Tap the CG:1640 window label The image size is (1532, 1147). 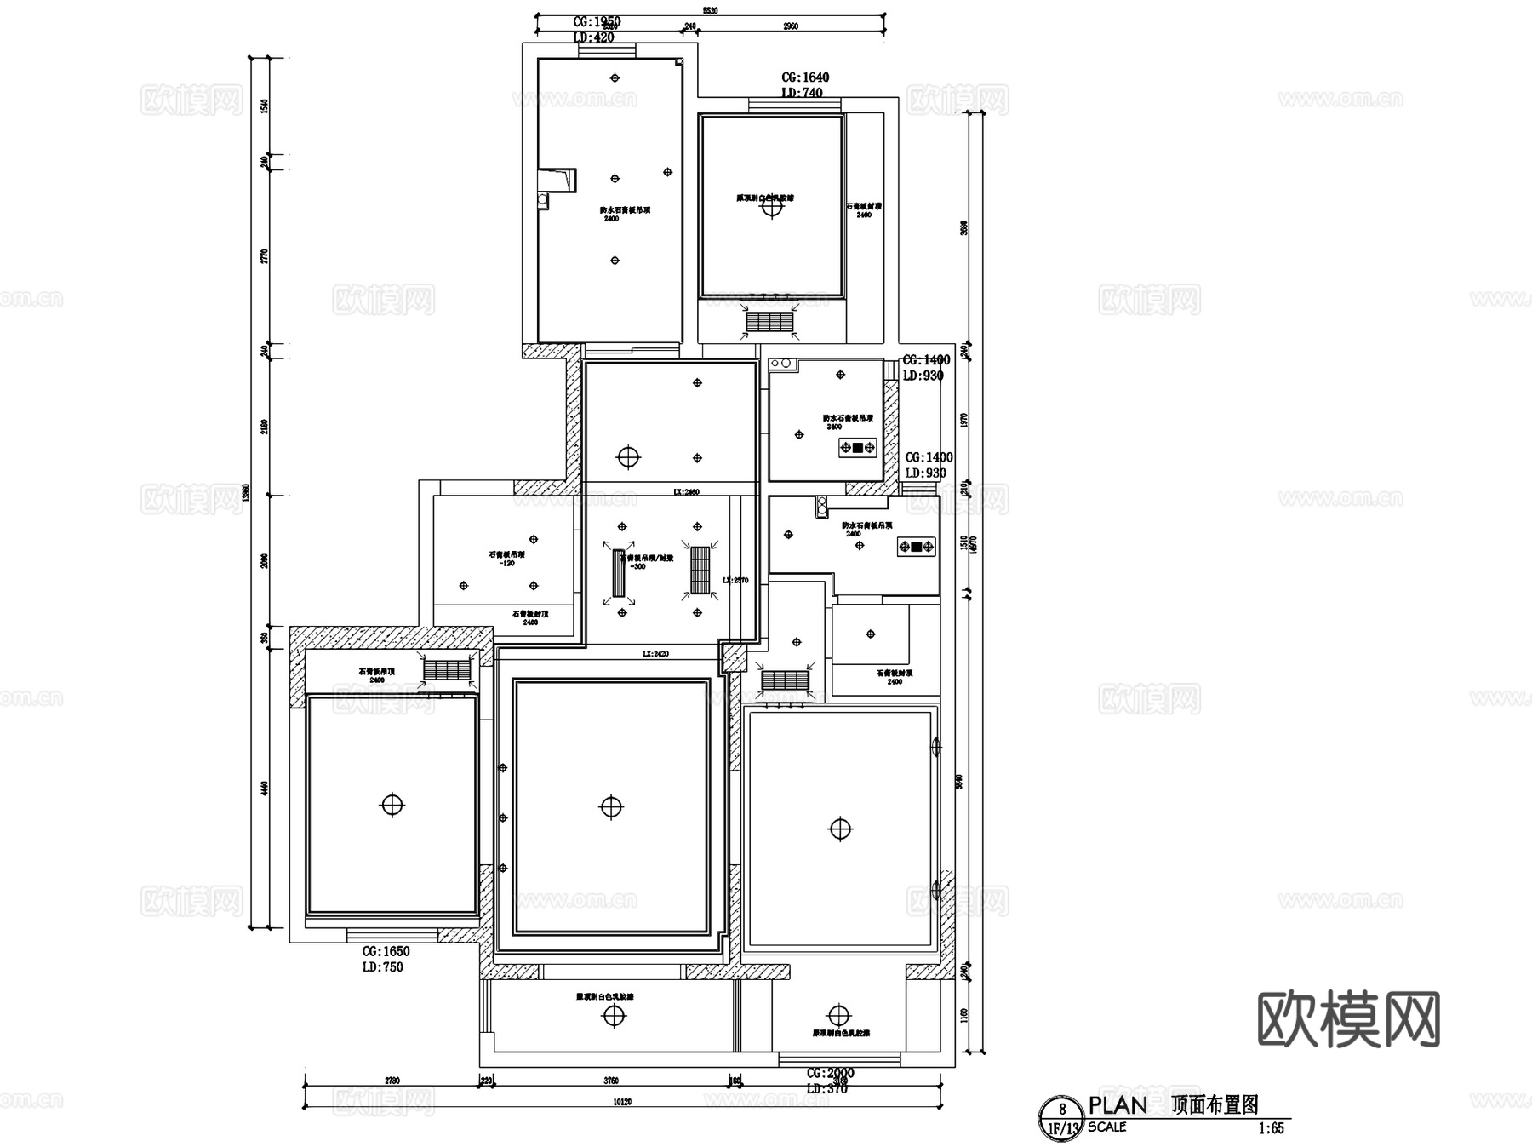coord(804,77)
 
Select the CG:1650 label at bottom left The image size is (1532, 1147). coord(386,952)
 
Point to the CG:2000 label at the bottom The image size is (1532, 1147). coord(830,1074)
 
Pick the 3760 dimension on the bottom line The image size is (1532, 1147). coord(610,1081)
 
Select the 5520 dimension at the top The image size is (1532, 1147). coord(710,11)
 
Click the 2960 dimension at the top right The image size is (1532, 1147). coord(790,27)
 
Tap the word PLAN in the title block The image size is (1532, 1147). coord(1118,1105)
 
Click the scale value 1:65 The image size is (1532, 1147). coord(1271,1128)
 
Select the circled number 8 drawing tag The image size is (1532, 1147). coord(1061,1110)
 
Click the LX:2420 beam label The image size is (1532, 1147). coord(655,654)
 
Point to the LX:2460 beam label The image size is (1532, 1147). coord(686,492)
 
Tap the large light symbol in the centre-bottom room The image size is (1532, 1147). coord(611,806)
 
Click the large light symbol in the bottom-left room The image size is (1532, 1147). coord(392,804)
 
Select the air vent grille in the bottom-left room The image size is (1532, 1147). coord(447,670)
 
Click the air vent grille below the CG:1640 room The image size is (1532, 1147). coord(769,321)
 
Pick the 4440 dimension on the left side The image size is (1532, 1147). coord(264,789)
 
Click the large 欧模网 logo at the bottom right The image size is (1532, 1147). coord(1348,1018)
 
